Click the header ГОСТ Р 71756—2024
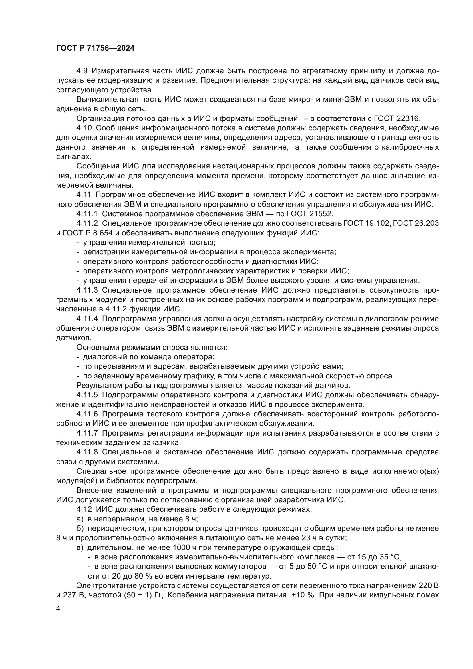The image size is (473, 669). point(95,48)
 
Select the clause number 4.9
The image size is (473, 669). point(82,71)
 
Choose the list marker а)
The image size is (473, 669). point(80,519)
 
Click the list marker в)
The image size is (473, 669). point(80,547)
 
